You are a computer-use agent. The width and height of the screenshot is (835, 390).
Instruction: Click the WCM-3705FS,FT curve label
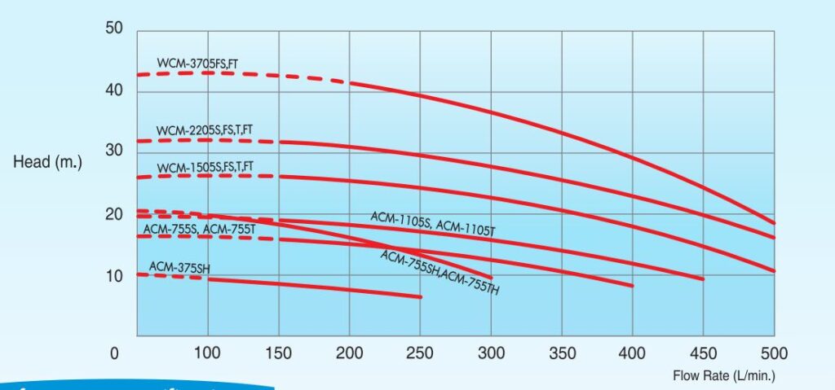coord(197,61)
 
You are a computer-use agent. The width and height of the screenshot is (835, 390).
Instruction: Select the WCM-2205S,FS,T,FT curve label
coord(205,130)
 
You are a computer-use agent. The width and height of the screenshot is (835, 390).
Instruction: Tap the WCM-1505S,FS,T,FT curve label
coord(205,168)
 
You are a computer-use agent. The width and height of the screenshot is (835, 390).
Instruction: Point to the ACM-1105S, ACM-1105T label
coord(432,223)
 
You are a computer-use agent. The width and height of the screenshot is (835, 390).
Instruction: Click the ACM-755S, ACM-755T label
coord(200,230)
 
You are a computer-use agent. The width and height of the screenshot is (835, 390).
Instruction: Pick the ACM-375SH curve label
coord(175,267)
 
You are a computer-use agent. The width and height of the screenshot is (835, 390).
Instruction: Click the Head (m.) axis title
coord(48,162)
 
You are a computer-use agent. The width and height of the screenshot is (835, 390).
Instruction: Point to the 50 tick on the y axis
coord(113,29)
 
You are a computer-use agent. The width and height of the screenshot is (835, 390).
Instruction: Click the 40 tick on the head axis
coord(113,90)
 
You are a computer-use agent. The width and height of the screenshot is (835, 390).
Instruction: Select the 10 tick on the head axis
coord(113,275)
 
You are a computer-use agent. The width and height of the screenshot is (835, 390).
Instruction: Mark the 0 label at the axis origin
coord(114,353)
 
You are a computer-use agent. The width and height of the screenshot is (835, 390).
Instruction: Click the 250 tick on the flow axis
coord(421,353)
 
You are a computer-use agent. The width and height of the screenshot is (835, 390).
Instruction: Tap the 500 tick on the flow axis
coord(774,353)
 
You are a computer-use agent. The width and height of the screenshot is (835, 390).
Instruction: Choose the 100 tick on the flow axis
coord(208,353)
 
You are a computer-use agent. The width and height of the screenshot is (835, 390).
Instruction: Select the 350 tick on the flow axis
coord(562,353)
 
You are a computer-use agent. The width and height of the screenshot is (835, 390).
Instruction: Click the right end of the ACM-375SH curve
coord(421,296)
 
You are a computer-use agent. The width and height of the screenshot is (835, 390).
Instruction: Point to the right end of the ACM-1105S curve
coord(702,279)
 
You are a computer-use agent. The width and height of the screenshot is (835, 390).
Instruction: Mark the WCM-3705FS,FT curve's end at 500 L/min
coord(774,222)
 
